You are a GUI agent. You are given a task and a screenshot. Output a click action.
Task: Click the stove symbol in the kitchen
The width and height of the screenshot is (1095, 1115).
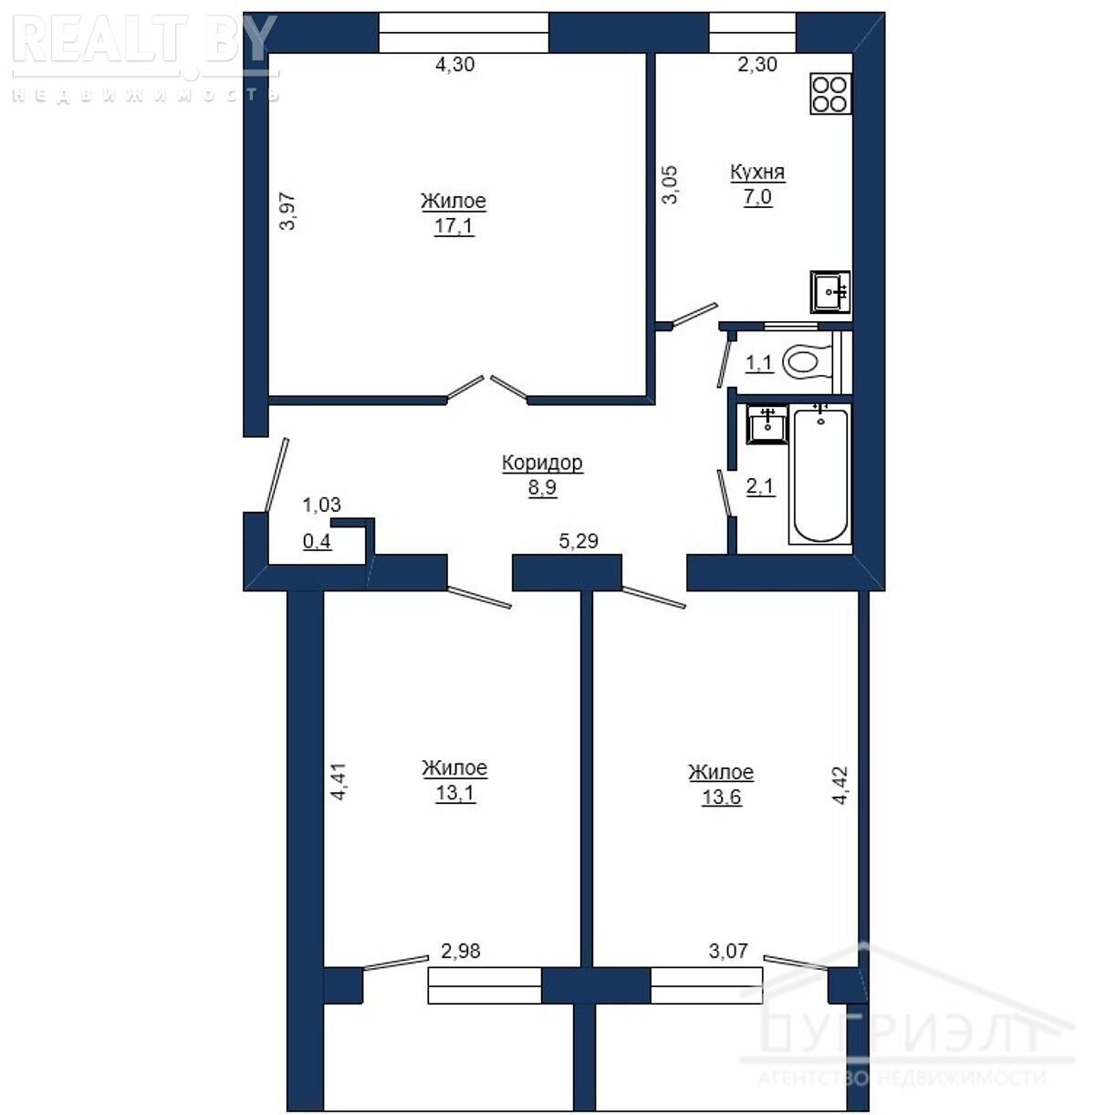(x=830, y=94)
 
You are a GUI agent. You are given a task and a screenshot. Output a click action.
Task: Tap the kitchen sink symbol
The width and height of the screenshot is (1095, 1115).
(x=830, y=292)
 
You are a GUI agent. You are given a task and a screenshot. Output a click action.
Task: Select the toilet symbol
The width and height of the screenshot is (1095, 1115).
(x=808, y=362)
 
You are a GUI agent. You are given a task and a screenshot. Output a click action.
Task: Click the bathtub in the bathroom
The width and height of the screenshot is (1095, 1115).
(x=819, y=474)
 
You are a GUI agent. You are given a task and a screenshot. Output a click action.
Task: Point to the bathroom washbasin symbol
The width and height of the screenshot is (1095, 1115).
(x=766, y=424)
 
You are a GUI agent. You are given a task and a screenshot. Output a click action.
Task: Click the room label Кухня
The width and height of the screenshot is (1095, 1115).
(x=757, y=172)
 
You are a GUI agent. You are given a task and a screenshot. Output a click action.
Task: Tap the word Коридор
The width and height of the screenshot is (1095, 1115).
(x=542, y=463)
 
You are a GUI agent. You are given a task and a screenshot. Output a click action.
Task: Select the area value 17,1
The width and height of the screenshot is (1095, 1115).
(x=454, y=225)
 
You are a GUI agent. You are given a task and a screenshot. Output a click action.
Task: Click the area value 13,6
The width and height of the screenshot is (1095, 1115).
(x=721, y=797)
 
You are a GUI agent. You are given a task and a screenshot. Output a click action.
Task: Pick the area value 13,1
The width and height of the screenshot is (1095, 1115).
(x=455, y=793)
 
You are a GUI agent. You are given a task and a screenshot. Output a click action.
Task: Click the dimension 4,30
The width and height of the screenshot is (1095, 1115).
(x=455, y=64)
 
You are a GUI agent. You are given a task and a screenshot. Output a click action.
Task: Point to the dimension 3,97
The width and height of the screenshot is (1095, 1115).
(x=287, y=211)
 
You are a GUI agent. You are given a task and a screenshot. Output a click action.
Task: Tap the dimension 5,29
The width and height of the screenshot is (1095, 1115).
(x=579, y=541)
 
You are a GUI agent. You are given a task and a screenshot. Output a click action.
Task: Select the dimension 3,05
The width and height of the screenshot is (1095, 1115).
(x=670, y=184)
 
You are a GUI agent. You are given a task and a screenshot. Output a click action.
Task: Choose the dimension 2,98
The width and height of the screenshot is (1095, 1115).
(x=460, y=951)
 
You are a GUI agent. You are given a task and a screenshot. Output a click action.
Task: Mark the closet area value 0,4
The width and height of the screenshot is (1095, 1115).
(x=318, y=541)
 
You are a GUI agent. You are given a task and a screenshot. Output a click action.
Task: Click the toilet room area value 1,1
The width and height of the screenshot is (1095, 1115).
(x=759, y=363)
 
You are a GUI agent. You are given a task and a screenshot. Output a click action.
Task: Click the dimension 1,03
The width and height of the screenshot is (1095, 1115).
(x=322, y=505)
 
